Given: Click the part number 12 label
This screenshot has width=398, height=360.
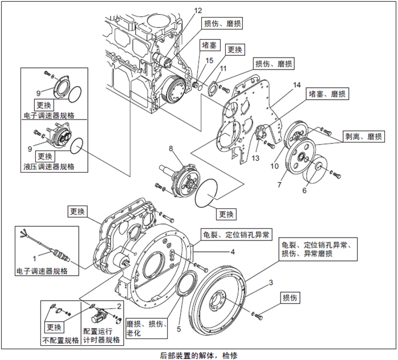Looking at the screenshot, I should [x=198, y=10].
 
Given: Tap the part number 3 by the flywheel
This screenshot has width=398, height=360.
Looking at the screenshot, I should [x=271, y=283].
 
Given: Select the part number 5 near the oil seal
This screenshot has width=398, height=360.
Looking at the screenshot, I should [x=179, y=329].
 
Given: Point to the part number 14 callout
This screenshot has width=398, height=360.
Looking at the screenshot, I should [x=297, y=85].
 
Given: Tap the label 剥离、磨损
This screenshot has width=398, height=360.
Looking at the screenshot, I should [x=364, y=137].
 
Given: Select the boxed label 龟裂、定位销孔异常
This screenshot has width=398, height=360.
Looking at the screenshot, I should [x=236, y=234].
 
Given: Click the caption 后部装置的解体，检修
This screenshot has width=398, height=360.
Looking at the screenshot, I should [x=198, y=354].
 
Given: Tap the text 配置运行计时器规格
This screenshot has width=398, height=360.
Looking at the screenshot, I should [x=101, y=336].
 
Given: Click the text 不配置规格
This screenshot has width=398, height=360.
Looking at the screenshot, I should [x=60, y=340].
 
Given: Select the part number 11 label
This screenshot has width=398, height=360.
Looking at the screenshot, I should [x=223, y=68].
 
